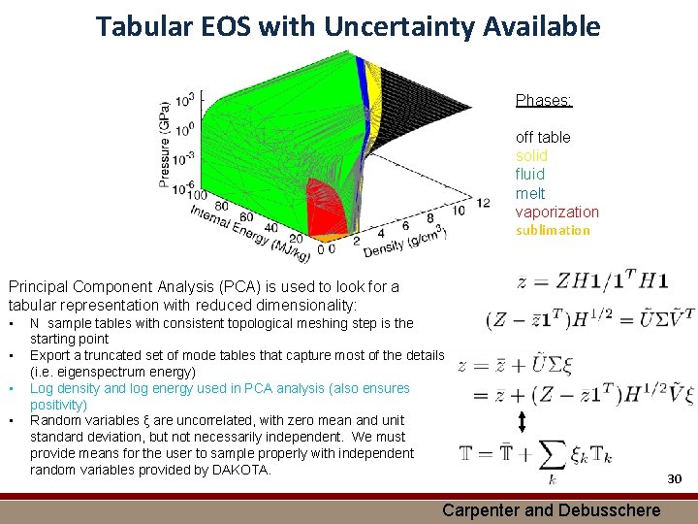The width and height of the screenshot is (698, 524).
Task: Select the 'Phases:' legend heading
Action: click(x=543, y=100)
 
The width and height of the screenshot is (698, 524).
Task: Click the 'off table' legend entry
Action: click(x=543, y=137)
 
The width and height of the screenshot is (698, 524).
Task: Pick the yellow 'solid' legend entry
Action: click(x=531, y=155)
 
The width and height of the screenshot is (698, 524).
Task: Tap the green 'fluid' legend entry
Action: click(x=529, y=175)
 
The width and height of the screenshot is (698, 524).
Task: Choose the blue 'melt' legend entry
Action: click(x=529, y=193)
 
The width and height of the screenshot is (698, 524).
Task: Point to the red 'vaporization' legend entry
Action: click(x=556, y=212)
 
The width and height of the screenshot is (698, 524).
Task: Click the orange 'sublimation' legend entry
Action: click(x=553, y=230)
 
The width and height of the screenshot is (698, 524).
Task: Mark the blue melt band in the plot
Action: click(x=363, y=78)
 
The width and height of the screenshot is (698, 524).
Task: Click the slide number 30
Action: click(x=675, y=478)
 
